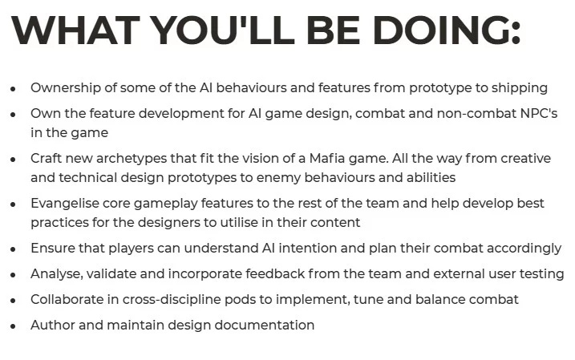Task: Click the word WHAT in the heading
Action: [75, 30]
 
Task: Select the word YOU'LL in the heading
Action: [223, 30]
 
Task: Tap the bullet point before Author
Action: [13, 326]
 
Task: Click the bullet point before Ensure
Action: [13, 249]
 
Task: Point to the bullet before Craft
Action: [13, 159]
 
